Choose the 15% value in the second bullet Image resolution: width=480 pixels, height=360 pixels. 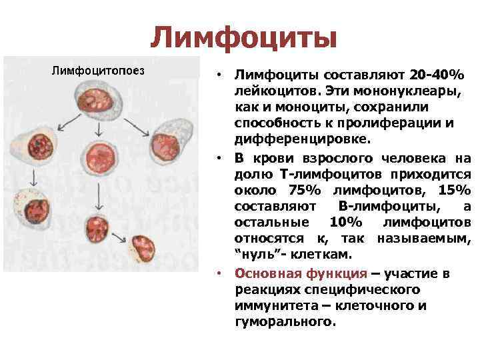(454, 190)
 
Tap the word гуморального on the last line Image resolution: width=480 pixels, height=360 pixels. (283, 322)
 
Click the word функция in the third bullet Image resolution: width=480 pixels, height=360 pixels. (339, 274)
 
